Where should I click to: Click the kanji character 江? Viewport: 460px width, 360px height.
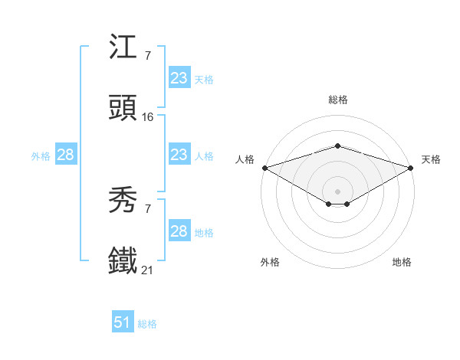tap(123, 48)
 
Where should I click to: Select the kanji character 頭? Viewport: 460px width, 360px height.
tap(123, 109)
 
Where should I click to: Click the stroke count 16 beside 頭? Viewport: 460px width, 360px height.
tap(148, 117)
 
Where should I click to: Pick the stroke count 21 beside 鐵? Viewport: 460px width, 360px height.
tap(148, 270)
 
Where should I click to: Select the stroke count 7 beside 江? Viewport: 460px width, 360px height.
tap(147, 56)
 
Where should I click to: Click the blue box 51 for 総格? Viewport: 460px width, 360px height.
tap(123, 322)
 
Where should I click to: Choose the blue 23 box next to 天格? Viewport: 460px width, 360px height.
tap(179, 78)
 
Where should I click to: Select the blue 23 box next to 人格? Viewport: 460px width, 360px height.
tap(179, 155)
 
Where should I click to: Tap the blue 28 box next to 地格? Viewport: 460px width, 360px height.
tap(179, 231)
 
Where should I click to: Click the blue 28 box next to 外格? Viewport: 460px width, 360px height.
tap(65, 155)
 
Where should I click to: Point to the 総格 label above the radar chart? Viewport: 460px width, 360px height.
tap(337, 100)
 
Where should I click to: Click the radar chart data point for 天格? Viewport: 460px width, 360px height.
tap(411, 168)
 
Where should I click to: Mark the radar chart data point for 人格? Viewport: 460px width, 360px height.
tap(264, 168)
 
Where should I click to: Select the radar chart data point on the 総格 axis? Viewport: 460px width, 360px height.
tap(337, 146)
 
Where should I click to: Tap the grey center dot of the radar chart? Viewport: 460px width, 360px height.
tap(337, 191)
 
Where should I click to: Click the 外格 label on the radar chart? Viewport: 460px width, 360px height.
tap(270, 262)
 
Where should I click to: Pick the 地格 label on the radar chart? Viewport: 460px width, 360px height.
tap(402, 262)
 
